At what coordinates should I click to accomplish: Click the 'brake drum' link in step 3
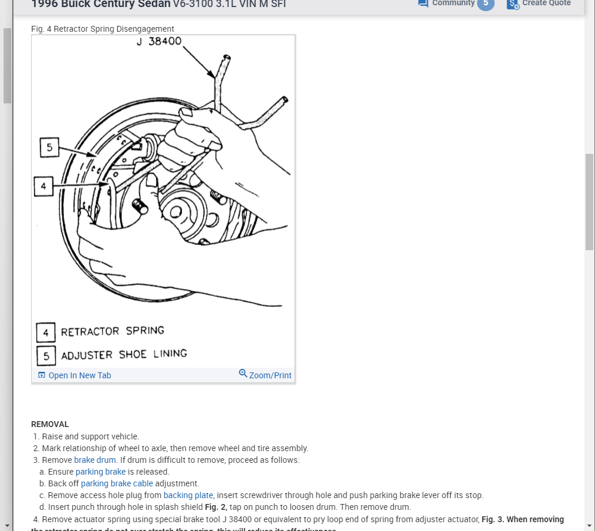(x=95, y=460)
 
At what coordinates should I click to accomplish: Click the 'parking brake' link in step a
(x=100, y=472)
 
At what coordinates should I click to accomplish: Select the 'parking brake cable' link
(x=117, y=483)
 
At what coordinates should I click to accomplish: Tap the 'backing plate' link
(x=188, y=495)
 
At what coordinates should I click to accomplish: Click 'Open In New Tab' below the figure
(x=75, y=375)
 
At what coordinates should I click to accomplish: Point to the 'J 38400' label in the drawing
(x=159, y=42)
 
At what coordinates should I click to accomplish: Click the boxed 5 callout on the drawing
(x=49, y=147)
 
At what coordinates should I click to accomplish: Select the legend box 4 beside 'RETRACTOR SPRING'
(x=46, y=332)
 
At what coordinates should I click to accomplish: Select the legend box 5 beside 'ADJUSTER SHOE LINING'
(x=46, y=355)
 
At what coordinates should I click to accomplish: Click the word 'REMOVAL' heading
(x=50, y=424)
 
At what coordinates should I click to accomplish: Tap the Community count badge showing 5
(x=485, y=4)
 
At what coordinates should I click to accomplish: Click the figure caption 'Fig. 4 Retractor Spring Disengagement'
(x=103, y=29)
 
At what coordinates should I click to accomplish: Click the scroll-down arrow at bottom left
(x=6, y=525)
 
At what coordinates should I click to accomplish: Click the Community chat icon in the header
(x=422, y=4)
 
